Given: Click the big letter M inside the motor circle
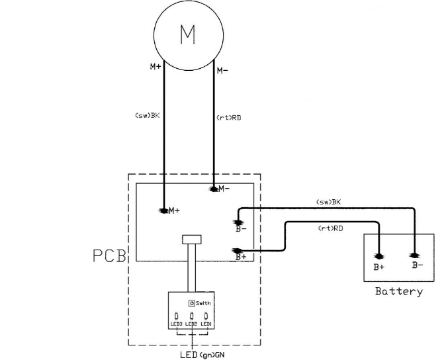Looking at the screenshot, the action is coord(188,34).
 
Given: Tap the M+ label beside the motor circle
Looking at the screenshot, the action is coord(156,67).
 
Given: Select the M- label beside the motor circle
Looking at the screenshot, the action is coord(222,70).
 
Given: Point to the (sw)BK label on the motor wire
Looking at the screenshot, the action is coord(147,115).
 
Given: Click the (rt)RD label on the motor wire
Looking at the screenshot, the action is coord(229,117).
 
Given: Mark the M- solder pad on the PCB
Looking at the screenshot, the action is coord(214,189).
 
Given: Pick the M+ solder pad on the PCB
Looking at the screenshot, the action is coord(163,211).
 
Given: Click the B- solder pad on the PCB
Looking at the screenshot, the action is coord(238,222).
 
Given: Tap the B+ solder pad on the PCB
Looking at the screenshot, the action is coord(238,251).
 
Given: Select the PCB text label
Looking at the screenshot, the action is coord(109,256).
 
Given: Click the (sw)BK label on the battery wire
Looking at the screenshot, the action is coord(329,202).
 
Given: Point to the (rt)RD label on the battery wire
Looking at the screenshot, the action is coord(331,228).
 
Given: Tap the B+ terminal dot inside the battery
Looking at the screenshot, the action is coord(379,256).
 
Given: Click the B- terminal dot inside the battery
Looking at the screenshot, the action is coord(414,255).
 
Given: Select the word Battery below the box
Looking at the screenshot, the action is coord(399,291).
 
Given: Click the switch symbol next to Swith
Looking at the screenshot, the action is coord(192,303).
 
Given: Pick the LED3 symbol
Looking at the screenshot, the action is coord(177,316).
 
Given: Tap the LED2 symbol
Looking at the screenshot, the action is coord(191,316).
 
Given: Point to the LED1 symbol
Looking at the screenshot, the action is coord(206,316).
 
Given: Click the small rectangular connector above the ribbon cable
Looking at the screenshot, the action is coord(191,240).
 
